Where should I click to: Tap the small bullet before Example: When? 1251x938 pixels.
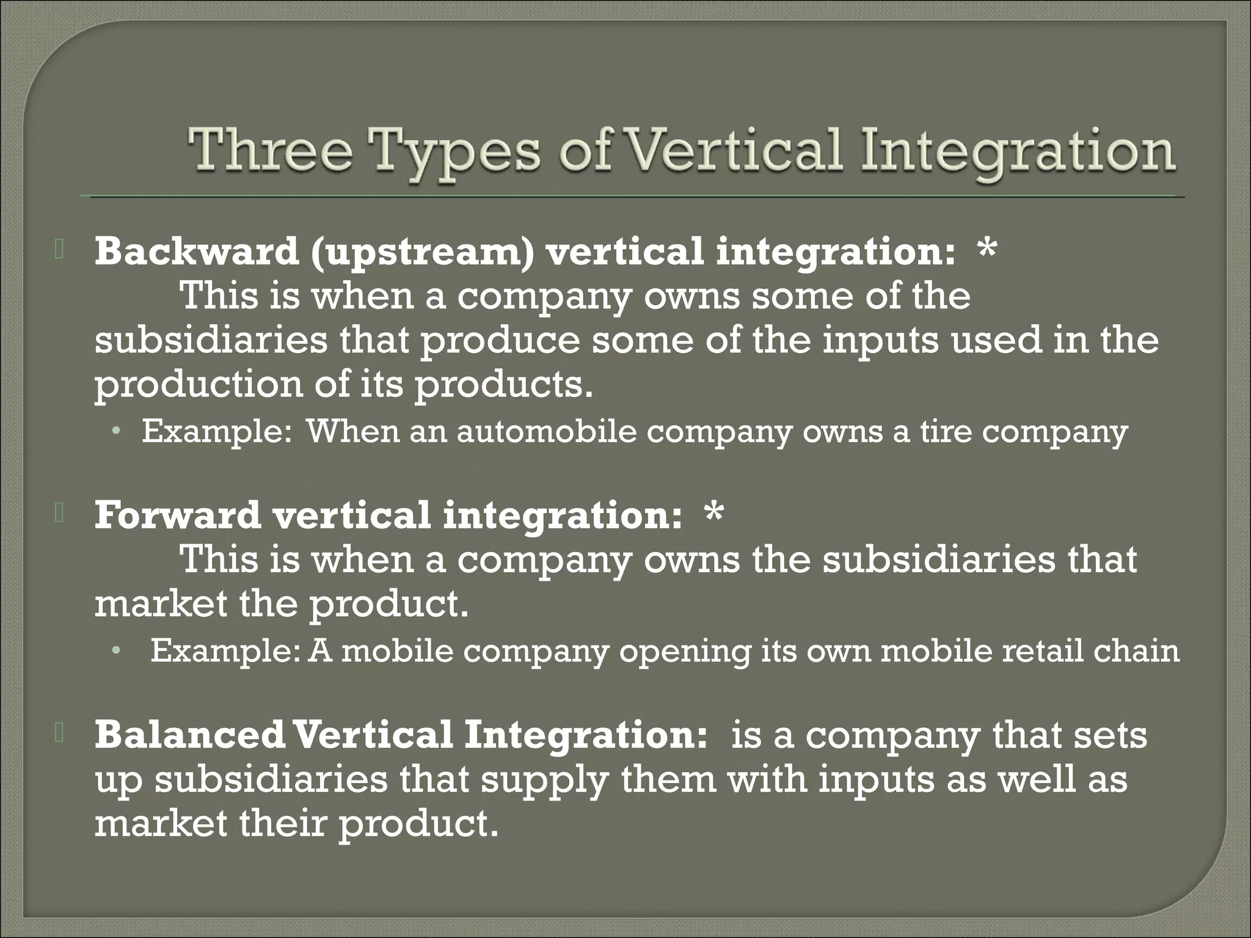click(x=116, y=432)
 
